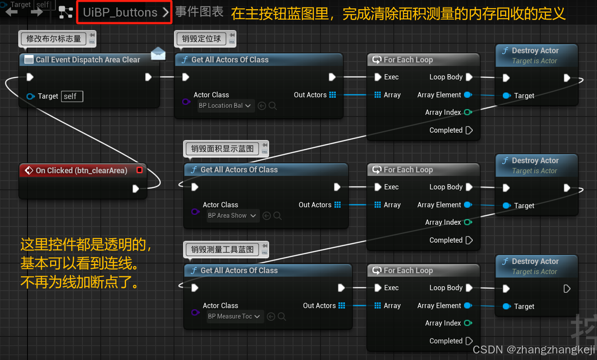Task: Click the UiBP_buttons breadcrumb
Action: coord(120,12)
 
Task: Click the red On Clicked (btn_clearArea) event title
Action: coord(82,171)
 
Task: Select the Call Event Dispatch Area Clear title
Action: coord(88,60)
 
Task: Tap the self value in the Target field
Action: coord(72,96)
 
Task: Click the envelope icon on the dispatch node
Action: coord(158,54)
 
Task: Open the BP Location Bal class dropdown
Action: coord(225,106)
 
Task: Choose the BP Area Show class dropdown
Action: coord(232,216)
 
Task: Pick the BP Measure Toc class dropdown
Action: coord(235,316)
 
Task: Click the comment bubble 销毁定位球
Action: coord(201,39)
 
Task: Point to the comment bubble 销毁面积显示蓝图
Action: coord(222,149)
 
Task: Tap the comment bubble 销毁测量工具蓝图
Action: coord(222,250)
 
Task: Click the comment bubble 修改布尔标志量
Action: coord(54,39)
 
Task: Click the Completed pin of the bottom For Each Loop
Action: coord(469,341)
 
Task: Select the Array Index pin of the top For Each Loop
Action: coord(468,112)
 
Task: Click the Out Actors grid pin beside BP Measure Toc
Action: coord(341,305)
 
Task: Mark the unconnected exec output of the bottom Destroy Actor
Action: coord(566,288)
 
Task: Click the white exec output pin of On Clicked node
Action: coord(136,189)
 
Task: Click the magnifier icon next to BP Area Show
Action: coord(277,216)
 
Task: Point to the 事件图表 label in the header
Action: coord(199,12)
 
